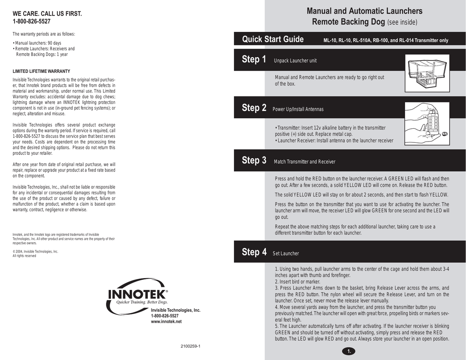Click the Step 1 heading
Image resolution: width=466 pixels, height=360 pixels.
tap(254, 60)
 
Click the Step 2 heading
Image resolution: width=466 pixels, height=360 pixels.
tap(254, 108)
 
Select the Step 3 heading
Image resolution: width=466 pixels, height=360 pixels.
tap(254, 161)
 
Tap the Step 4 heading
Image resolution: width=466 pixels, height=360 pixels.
tap(254, 252)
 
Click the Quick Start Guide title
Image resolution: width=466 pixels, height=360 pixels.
tap(273, 40)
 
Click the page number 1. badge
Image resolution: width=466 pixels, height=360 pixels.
tap(348, 351)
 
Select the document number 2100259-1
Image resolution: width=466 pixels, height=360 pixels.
tap(191, 347)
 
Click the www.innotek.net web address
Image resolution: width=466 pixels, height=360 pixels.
tap(166, 321)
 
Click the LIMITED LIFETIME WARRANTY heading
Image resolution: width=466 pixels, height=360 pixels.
tap(41, 71)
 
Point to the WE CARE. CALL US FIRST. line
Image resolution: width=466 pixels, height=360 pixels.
tap(47, 14)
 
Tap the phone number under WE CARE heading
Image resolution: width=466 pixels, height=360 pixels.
tap(31, 21)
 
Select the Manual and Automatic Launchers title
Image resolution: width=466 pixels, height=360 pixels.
tap(364, 11)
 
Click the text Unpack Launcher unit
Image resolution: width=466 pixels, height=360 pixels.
tap(295, 61)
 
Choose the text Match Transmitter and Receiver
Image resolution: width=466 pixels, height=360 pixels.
tap(304, 162)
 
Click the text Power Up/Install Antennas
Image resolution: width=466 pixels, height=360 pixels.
tap(298, 110)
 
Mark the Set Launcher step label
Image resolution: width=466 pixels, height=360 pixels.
tap(285, 254)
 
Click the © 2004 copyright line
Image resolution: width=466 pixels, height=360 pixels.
tap(35, 251)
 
